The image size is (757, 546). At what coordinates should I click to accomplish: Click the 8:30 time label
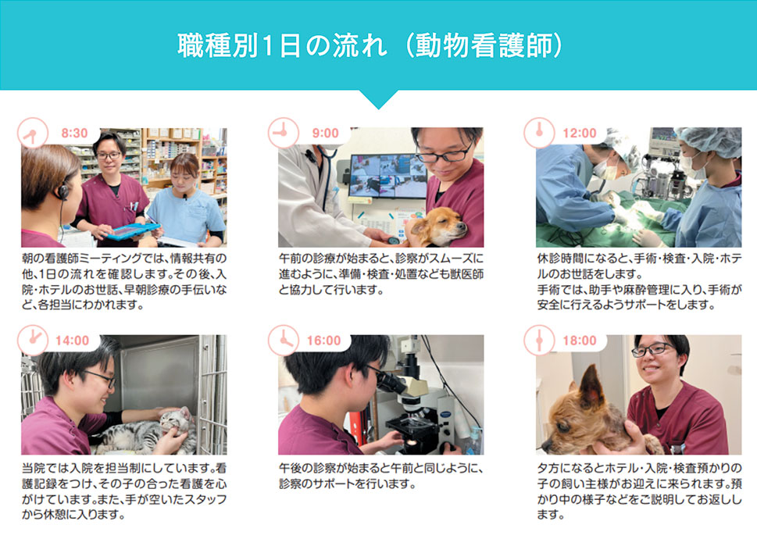click(x=74, y=134)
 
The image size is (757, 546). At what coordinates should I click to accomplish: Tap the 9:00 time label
click(x=326, y=134)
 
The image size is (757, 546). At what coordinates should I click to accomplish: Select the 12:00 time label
click(x=580, y=134)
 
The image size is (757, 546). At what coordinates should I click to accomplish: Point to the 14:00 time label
click(x=73, y=341)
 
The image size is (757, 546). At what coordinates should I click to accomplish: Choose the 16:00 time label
click(x=324, y=341)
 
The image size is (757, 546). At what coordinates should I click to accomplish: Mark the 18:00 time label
click(x=580, y=341)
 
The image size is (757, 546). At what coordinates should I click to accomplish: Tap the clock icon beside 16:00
click(x=284, y=341)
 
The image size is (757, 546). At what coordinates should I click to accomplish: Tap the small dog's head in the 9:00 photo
click(x=439, y=226)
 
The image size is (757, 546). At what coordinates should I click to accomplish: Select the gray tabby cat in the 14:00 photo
click(x=147, y=432)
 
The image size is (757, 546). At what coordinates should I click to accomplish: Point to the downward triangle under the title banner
click(x=379, y=99)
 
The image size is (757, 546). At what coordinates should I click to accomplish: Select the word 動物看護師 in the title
click(x=483, y=46)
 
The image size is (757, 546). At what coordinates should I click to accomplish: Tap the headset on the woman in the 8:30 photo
click(x=63, y=192)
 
